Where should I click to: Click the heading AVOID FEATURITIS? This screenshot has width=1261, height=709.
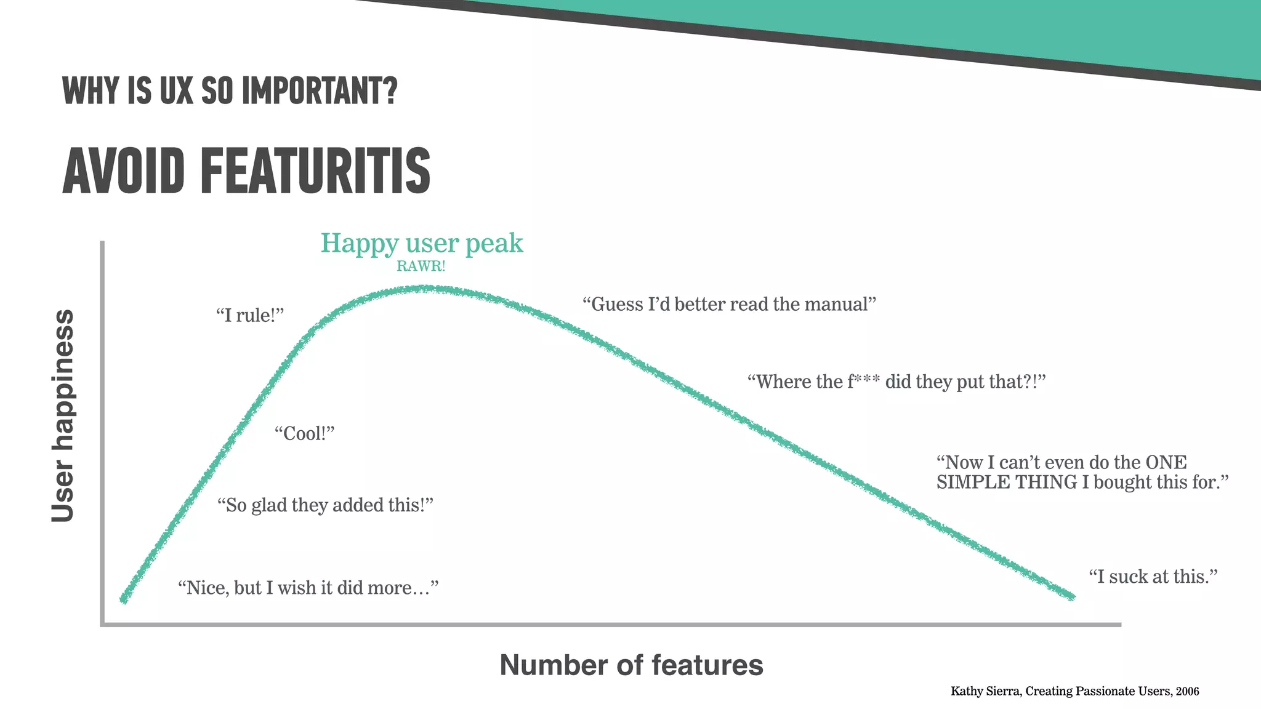click(246, 171)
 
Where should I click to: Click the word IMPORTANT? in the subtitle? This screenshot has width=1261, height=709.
click(320, 92)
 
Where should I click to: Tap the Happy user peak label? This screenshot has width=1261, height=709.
click(422, 243)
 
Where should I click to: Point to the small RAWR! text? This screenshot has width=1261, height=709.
click(421, 266)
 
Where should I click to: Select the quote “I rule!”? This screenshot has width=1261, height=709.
click(250, 316)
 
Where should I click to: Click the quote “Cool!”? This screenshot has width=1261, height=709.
click(304, 434)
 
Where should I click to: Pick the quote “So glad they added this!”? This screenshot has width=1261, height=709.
click(325, 505)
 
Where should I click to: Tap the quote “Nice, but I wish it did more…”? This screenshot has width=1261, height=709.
click(308, 588)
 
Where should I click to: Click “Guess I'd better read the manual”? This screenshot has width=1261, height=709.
click(729, 304)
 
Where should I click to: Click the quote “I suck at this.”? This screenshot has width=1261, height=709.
click(1153, 577)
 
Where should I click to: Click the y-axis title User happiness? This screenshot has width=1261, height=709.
click(63, 415)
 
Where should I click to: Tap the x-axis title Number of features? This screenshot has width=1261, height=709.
click(631, 665)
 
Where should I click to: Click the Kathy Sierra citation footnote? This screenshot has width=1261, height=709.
click(1074, 691)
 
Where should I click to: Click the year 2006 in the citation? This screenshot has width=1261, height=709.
click(1187, 691)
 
